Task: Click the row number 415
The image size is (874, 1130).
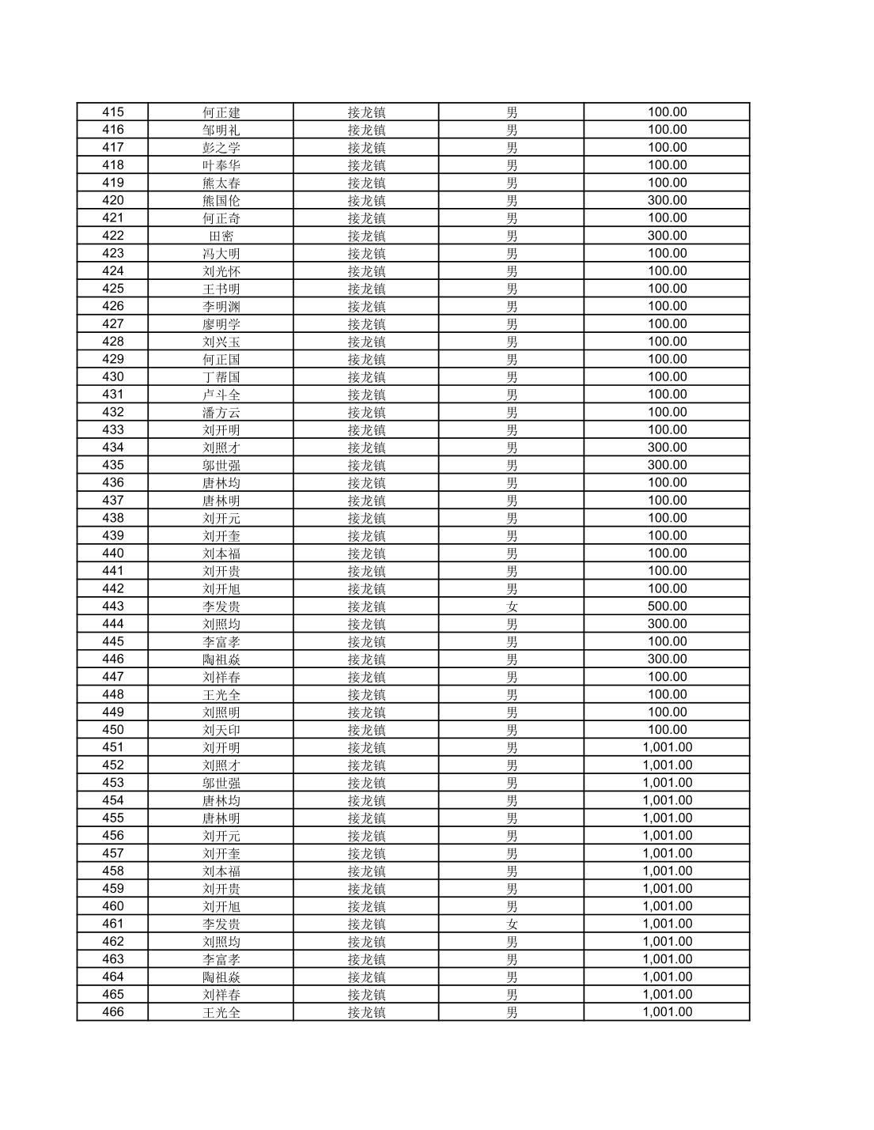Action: (113, 112)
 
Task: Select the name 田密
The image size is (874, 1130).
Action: (221, 236)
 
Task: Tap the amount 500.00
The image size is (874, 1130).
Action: (667, 607)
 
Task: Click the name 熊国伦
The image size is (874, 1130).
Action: (221, 201)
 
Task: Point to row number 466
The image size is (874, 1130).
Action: (113, 1012)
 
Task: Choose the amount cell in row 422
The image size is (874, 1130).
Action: (667, 236)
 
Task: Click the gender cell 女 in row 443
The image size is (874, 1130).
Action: (512, 607)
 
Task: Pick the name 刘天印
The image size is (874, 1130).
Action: (221, 730)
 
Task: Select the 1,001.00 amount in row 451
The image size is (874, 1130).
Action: (667, 747)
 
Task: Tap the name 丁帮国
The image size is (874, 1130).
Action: (221, 377)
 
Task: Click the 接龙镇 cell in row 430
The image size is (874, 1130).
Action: (366, 377)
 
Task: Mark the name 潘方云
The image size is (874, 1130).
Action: (221, 412)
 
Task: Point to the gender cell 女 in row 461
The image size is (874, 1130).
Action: (512, 924)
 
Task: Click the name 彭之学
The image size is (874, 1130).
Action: (221, 148)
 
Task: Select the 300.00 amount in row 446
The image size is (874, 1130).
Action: (667, 659)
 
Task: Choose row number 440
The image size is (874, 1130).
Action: (113, 554)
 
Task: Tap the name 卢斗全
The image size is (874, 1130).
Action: (221, 395)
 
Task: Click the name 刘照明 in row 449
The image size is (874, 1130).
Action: (221, 712)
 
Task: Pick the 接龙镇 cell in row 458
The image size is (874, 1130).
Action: (366, 871)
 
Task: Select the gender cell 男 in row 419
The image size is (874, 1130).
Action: (512, 183)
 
